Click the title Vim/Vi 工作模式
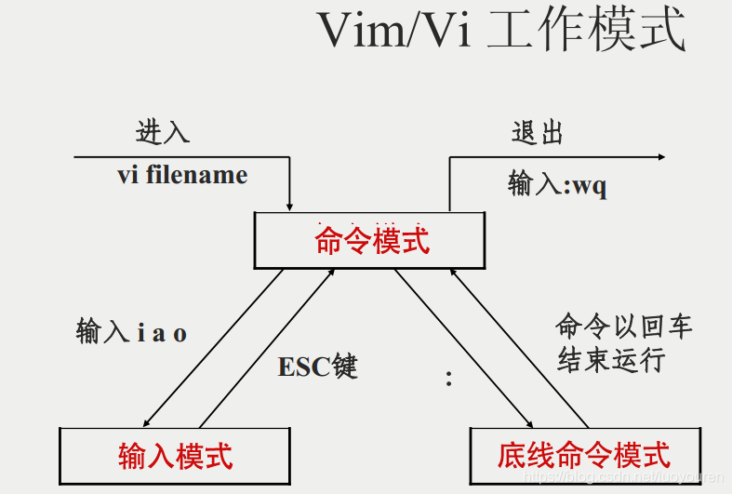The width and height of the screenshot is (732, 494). pyautogui.click(x=501, y=31)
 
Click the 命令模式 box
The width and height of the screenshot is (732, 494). pyautogui.click(x=370, y=241)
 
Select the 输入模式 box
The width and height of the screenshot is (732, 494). pyautogui.click(x=175, y=455)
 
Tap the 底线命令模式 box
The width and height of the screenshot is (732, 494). pyautogui.click(x=584, y=455)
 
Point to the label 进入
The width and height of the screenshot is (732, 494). pyautogui.click(x=163, y=132)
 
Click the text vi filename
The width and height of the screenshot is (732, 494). pyautogui.click(x=182, y=175)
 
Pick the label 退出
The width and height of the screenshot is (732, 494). pyautogui.click(x=538, y=132)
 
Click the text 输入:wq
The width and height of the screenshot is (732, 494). pyautogui.click(x=557, y=184)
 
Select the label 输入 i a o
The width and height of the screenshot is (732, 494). pyautogui.click(x=131, y=332)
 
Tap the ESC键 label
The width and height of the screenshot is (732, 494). pyautogui.click(x=317, y=367)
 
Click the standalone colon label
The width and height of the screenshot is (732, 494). pyautogui.click(x=449, y=378)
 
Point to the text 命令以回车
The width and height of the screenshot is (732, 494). pyautogui.click(x=624, y=327)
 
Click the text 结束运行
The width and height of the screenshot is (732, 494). pyautogui.click(x=611, y=359)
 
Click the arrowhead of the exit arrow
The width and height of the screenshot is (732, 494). pyautogui.click(x=660, y=157)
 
